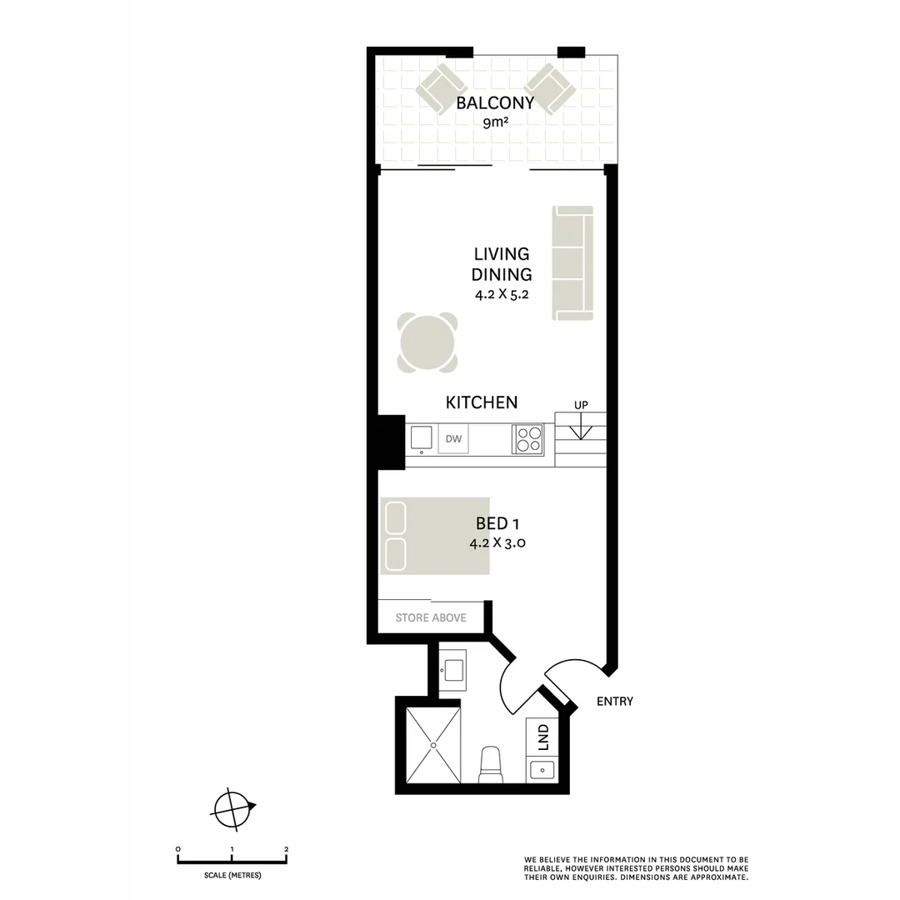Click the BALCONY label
click(495, 104)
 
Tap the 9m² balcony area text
click(495, 123)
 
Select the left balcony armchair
click(441, 89)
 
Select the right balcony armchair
click(549, 89)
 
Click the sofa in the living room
click(572, 263)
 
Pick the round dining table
click(427, 342)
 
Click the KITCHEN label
click(482, 402)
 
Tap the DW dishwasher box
click(453, 439)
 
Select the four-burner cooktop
click(527, 439)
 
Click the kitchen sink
click(422, 438)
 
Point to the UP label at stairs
click(581, 405)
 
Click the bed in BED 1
click(435, 536)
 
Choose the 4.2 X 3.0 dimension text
click(497, 542)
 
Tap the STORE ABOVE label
click(431, 618)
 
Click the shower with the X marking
click(432, 745)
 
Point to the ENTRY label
click(615, 702)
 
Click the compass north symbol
click(232, 807)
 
